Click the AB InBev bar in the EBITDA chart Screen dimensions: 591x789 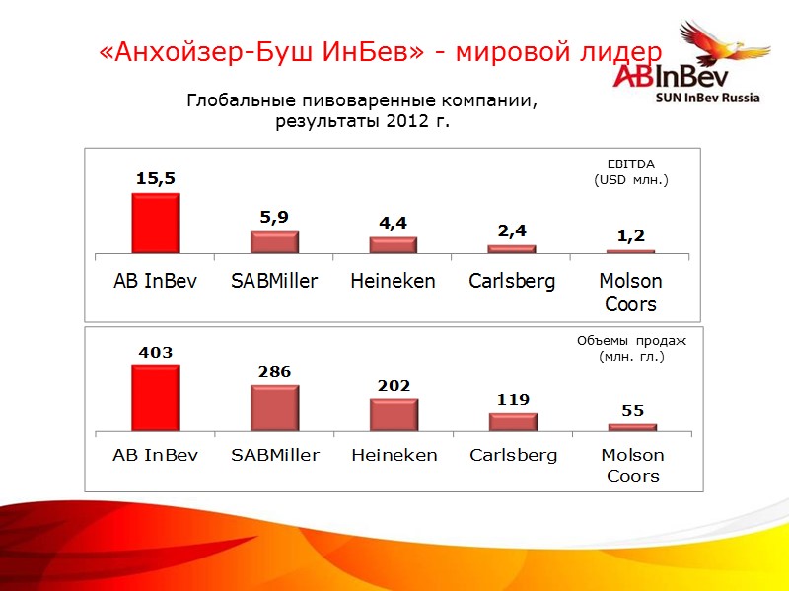[156, 223]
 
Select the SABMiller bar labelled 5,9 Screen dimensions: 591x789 [274, 242]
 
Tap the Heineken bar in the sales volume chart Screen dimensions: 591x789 [394, 415]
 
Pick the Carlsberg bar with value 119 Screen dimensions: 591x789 [513, 422]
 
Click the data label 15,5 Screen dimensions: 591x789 [156, 179]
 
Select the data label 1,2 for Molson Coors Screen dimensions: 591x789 [631, 235]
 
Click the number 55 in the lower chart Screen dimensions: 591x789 [631, 409]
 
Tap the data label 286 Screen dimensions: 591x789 [274, 372]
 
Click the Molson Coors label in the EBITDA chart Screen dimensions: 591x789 [631, 293]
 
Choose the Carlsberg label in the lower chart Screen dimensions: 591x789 [513, 455]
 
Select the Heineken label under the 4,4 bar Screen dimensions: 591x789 [393, 281]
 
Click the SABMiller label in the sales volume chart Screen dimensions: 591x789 [275, 455]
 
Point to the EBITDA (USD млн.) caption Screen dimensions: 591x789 [631, 172]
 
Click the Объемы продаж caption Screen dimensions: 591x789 [631, 340]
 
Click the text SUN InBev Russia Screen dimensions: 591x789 [708, 98]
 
